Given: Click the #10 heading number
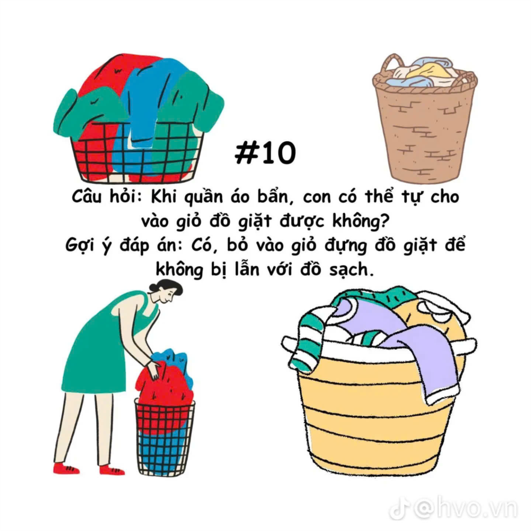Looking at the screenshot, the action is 265,153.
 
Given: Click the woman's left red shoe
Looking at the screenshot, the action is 66,468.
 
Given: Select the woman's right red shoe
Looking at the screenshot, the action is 112,470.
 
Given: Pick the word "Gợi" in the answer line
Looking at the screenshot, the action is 79,245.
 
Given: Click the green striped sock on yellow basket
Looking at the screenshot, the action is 308,342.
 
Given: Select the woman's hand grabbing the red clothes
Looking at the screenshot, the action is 153,370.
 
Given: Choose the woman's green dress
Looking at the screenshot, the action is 101,346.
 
